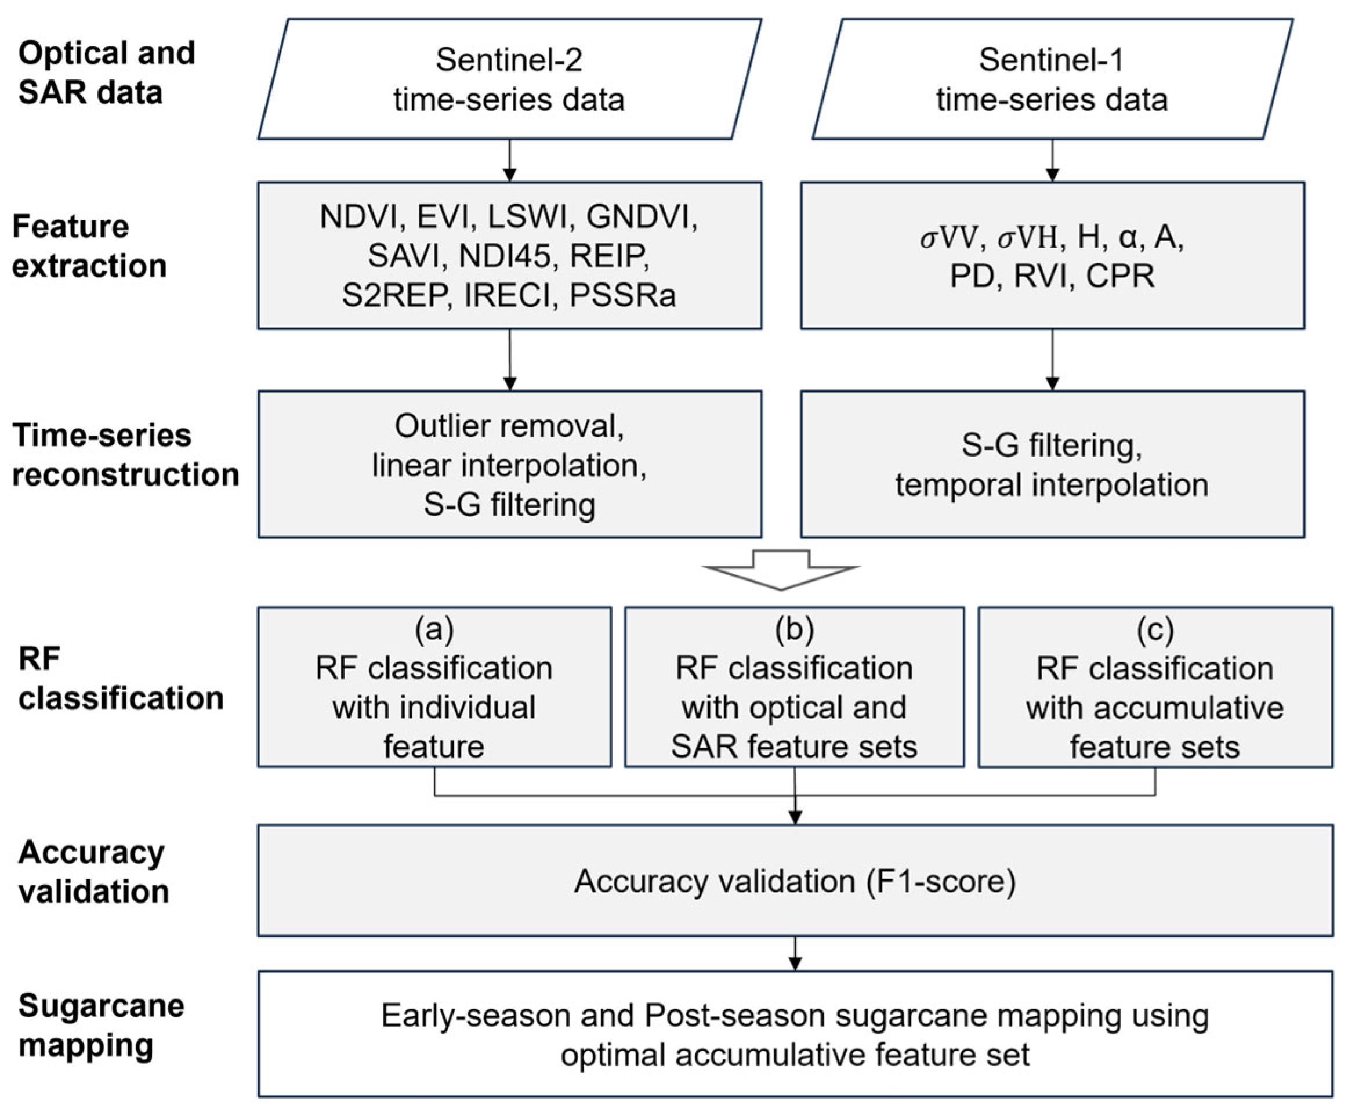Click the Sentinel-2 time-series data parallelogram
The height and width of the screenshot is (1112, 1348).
[x=509, y=79]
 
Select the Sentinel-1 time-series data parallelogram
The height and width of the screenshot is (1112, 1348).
[x=1052, y=79]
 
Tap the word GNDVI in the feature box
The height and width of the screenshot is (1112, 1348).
[x=641, y=216]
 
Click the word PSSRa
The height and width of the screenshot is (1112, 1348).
[x=622, y=295]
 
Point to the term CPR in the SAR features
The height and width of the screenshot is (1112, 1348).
[x=1120, y=276]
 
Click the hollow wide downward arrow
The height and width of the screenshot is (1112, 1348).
[x=781, y=569]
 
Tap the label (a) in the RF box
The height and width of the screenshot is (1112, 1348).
[x=434, y=629]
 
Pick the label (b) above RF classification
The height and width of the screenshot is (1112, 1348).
[x=794, y=629]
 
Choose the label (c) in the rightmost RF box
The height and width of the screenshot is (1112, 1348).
[x=1155, y=629]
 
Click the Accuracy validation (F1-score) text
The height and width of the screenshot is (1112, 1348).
[x=795, y=881]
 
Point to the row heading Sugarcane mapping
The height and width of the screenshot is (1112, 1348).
[x=100, y=1025]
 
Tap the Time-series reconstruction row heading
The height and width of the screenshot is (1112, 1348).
[x=125, y=455]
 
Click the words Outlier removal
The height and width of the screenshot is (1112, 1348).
[x=509, y=426]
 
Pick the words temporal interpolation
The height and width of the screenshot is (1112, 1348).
[x=1052, y=484]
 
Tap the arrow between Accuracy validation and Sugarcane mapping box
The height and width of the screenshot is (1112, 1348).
[x=795, y=953]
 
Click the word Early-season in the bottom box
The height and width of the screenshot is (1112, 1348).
[x=442, y=1015]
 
